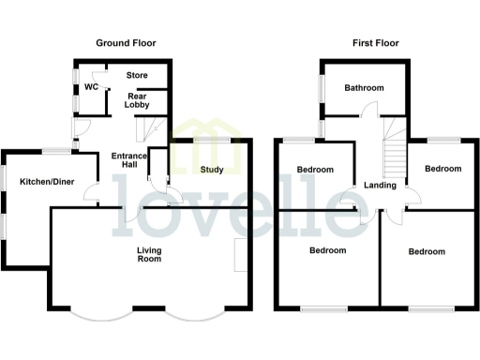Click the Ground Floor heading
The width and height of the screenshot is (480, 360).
[x=127, y=43]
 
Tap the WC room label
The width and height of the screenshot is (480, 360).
[x=91, y=87]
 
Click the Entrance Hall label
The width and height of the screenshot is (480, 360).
[x=127, y=160]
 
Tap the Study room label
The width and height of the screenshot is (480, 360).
[x=212, y=170]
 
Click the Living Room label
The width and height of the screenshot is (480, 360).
[x=149, y=253]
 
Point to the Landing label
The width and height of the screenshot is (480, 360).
[x=380, y=185]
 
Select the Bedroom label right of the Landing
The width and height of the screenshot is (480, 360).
[x=442, y=169]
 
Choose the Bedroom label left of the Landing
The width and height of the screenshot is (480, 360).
[x=315, y=170]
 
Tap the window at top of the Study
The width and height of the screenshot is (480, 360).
[x=211, y=139]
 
